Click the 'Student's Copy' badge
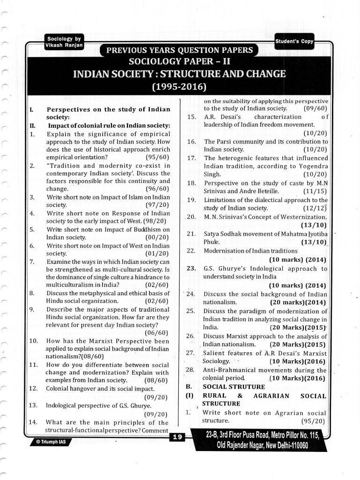click(294, 41)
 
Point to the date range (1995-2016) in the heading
click(180, 87)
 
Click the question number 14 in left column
click(33, 422)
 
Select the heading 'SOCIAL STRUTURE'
click(234, 386)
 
